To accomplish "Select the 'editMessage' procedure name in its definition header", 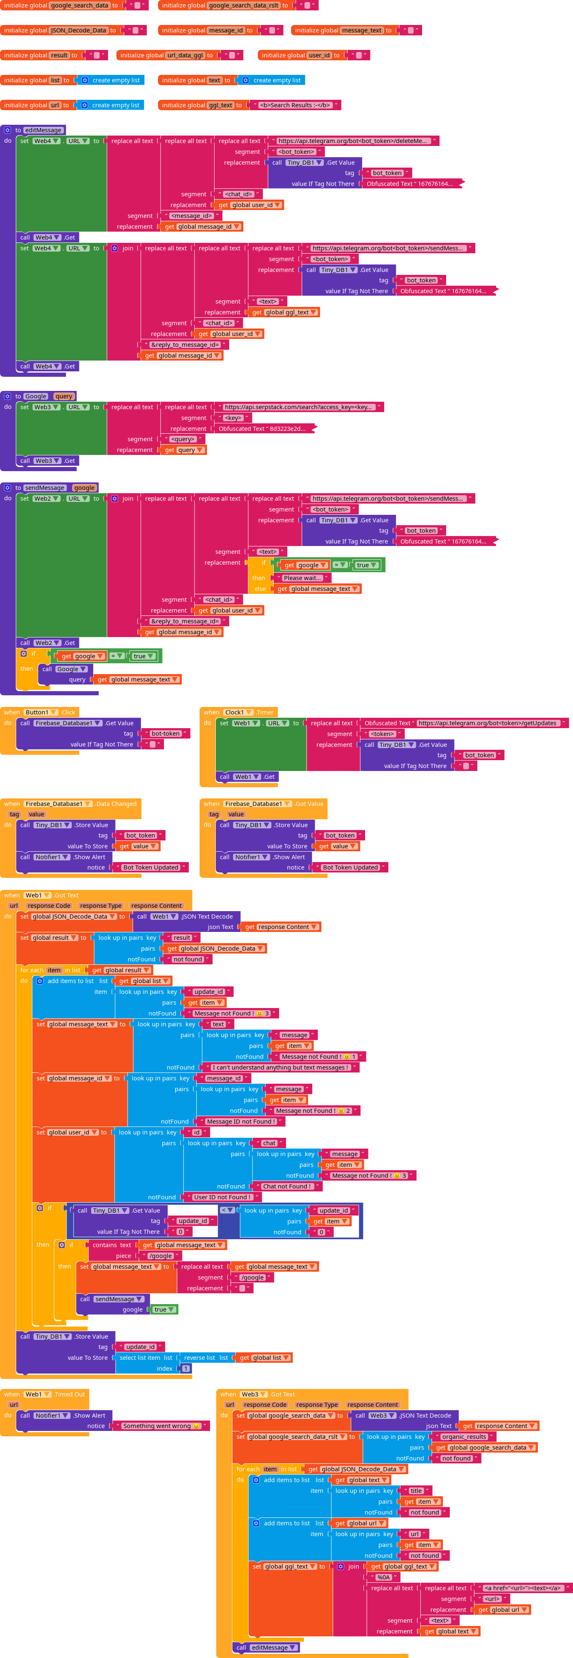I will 44,130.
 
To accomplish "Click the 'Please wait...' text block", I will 302,578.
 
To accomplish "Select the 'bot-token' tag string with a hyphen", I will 165,734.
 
